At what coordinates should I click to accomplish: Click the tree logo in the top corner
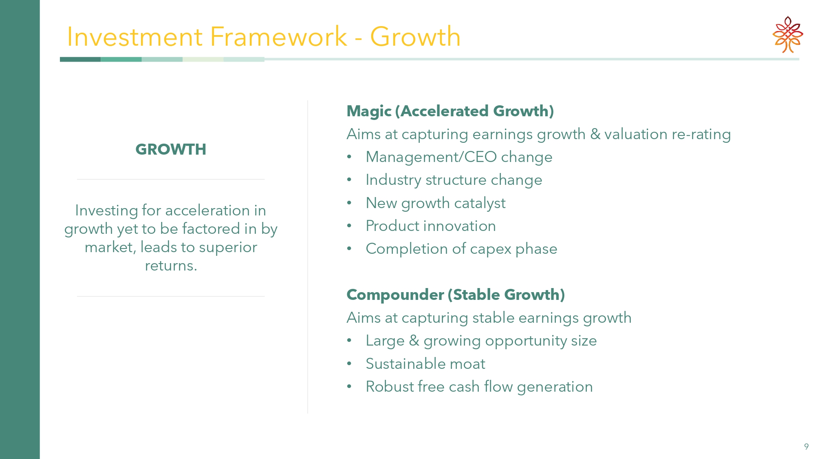coord(788,35)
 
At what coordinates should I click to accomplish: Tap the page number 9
coord(806,446)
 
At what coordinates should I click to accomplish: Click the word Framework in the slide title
coord(279,37)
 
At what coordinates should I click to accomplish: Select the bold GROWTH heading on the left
coord(171,149)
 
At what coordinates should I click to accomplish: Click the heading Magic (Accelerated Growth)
coord(450,111)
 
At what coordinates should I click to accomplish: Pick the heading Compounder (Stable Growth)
coord(456,295)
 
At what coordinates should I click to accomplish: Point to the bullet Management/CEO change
coord(459,157)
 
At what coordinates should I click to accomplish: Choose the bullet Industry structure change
coord(454,180)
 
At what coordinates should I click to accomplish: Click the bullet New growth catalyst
coord(436,203)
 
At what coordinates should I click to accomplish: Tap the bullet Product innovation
coord(431,226)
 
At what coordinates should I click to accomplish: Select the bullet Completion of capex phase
coord(461,249)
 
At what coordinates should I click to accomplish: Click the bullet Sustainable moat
coord(425,364)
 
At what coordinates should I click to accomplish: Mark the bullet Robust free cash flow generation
coord(479,387)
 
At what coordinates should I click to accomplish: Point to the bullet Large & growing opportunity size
coord(481,341)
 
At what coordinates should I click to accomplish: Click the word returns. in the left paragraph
coord(171,266)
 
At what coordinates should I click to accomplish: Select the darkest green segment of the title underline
coord(80,60)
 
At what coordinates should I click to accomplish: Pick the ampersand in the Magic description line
coord(595,134)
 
